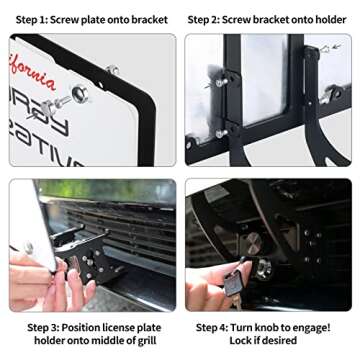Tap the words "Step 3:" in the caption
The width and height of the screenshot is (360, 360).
[46, 327]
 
